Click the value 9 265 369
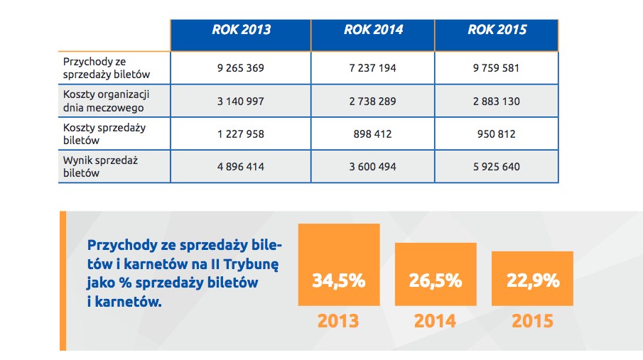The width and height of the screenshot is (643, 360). [x=241, y=68]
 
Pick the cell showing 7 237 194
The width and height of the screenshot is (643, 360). [x=373, y=68]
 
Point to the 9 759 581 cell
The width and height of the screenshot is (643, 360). [x=496, y=68]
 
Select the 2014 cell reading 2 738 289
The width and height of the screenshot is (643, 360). [x=373, y=102]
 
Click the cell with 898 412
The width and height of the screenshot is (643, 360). [x=373, y=134]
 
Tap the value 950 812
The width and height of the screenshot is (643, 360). [x=496, y=134]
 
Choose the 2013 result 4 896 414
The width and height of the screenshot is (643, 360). [x=241, y=167]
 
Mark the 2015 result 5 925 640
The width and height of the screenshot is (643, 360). [x=497, y=167]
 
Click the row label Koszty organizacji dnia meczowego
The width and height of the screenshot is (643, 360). [x=106, y=101]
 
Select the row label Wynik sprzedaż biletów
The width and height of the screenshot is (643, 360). [x=100, y=166]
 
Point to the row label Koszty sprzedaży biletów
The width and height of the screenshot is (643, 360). [x=104, y=133]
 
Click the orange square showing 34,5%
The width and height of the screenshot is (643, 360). [x=339, y=264]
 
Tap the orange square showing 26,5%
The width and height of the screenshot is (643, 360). [x=436, y=274]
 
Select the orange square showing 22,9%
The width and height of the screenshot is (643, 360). [x=532, y=278]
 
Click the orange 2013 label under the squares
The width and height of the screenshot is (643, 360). [x=338, y=321]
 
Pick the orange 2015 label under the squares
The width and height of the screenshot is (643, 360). [x=532, y=321]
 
